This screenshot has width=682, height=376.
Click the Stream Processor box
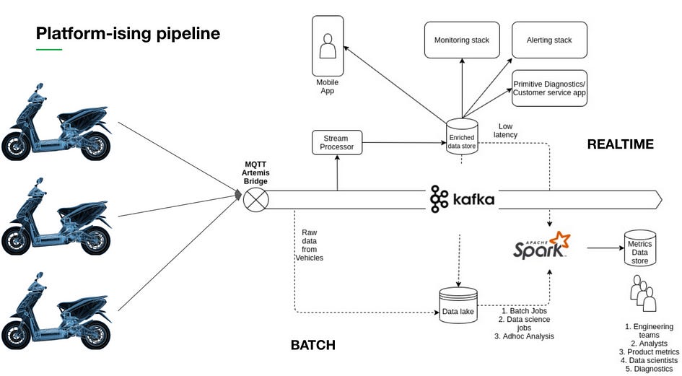click(x=337, y=142)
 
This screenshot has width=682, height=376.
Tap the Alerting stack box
click(x=549, y=40)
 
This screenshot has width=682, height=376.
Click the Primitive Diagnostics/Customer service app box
click(x=549, y=89)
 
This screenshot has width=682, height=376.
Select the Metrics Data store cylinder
click(x=639, y=248)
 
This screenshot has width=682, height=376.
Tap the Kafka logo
click(x=463, y=199)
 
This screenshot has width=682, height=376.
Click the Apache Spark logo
click(x=541, y=247)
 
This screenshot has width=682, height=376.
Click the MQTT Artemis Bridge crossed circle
click(x=254, y=199)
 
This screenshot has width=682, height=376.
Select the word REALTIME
click(x=620, y=144)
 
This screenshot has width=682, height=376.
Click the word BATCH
click(x=312, y=345)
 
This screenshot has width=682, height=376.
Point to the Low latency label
click(x=505, y=130)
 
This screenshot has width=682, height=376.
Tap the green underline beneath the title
click(x=49, y=49)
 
